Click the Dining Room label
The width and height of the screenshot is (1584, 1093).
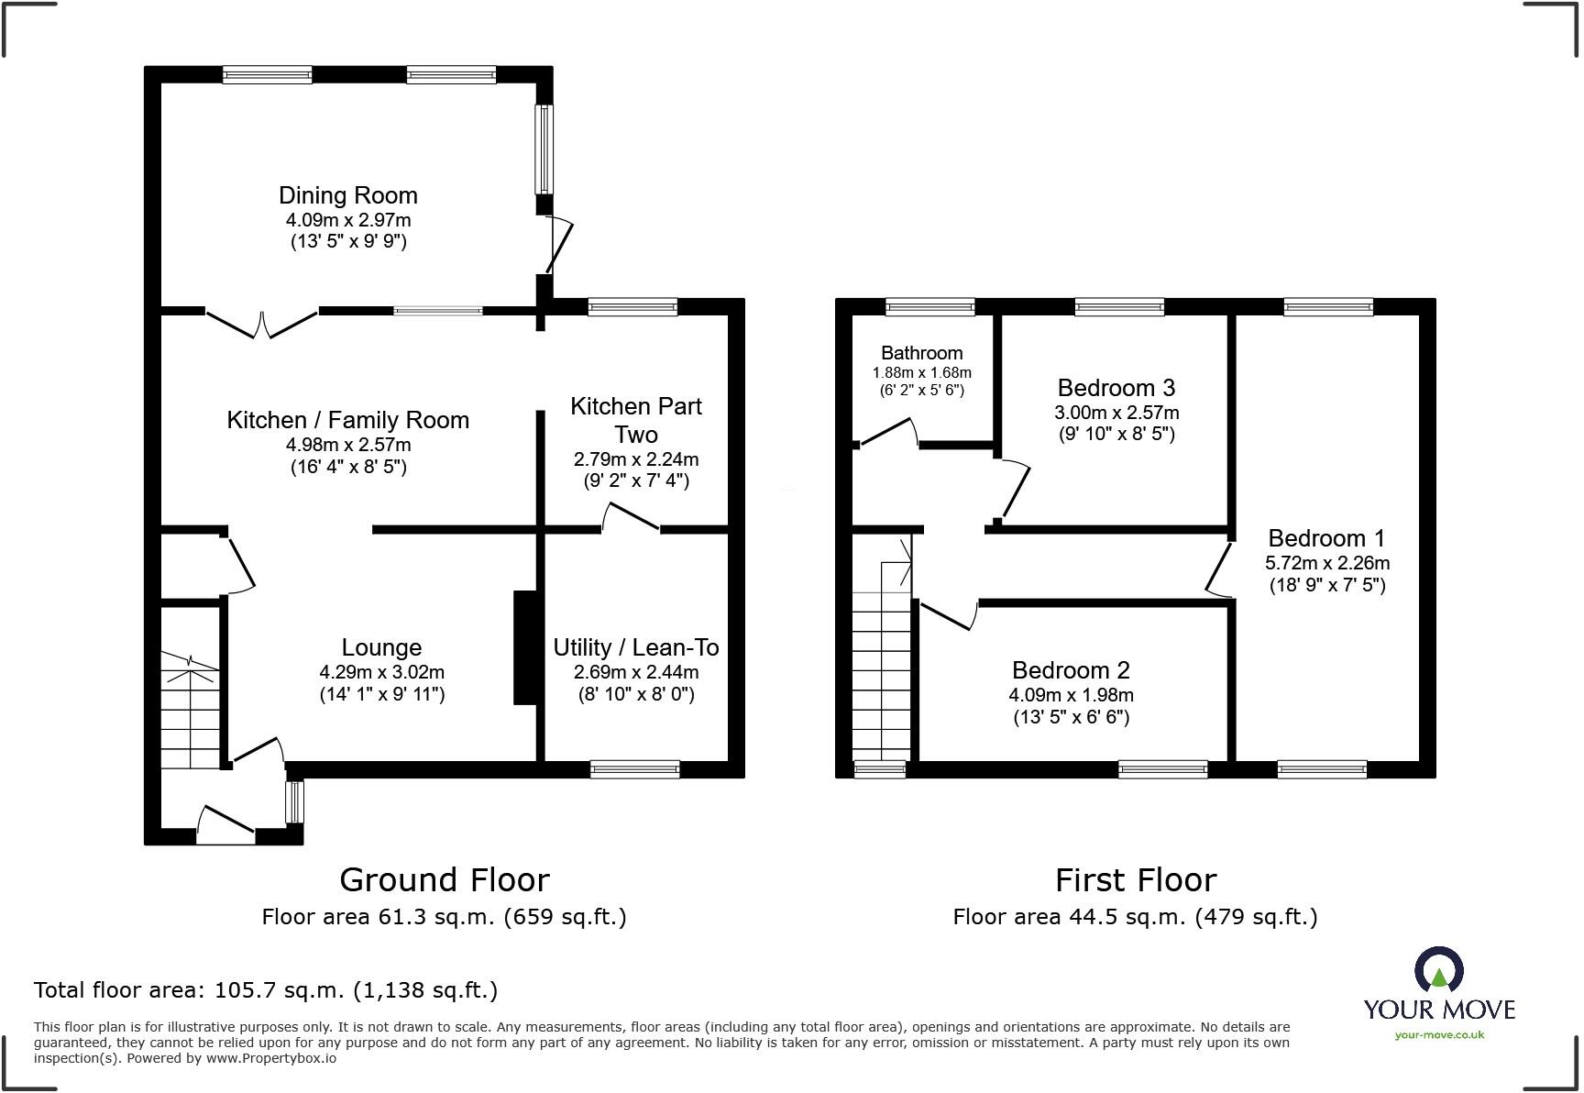tap(348, 195)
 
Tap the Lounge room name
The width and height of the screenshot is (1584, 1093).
tap(381, 647)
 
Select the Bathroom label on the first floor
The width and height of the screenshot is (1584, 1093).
tap(922, 353)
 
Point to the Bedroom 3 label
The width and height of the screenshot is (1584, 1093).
tap(1116, 388)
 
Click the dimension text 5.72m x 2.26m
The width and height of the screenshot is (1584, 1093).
tap(1327, 563)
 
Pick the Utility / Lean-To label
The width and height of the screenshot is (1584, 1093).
tap(636, 647)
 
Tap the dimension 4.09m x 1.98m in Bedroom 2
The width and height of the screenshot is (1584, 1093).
tap(1071, 695)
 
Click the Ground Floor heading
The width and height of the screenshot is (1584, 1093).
tap(445, 880)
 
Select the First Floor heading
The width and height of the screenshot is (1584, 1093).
tap(1136, 880)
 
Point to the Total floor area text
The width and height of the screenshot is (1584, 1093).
tap(266, 990)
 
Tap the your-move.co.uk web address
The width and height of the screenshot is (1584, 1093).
tap(1439, 1035)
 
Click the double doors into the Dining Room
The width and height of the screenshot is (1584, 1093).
tap(262, 324)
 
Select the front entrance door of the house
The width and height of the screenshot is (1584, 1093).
tap(225, 825)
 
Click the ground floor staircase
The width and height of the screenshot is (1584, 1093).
tap(191, 712)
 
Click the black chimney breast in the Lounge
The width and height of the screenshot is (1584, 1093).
tap(525, 647)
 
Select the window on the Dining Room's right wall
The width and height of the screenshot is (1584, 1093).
tap(544, 149)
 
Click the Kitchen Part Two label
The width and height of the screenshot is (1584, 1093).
tap(636, 420)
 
